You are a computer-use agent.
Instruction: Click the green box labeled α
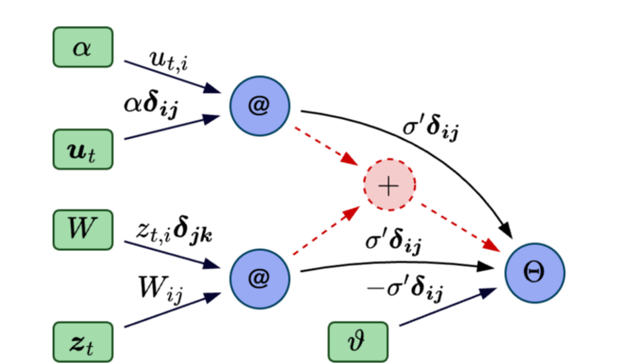click(x=83, y=48)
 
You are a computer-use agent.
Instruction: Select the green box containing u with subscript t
click(x=83, y=149)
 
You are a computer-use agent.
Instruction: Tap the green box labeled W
click(x=83, y=230)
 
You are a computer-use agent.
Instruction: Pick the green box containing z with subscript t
click(x=83, y=342)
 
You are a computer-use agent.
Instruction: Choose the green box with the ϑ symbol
click(x=358, y=342)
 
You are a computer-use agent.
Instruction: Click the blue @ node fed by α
click(x=260, y=106)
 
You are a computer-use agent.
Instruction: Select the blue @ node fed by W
click(x=260, y=279)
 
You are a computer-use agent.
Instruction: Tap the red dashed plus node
click(x=389, y=185)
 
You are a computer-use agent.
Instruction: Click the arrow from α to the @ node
click(x=172, y=76)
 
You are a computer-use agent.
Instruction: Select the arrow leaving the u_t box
click(x=172, y=127)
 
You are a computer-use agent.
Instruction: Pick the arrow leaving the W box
click(x=172, y=254)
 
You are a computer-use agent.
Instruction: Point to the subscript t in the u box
click(x=91, y=155)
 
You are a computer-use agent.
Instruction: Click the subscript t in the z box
click(x=89, y=347)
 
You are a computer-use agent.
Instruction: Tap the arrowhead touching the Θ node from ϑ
click(x=491, y=291)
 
